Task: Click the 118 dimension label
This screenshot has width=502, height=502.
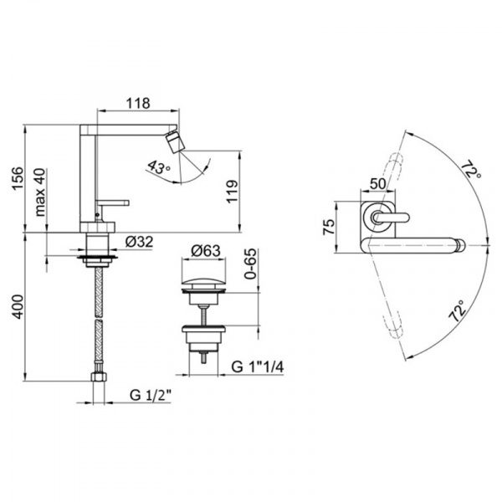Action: (x=138, y=104)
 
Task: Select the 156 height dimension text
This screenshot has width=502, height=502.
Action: (x=18, y=177)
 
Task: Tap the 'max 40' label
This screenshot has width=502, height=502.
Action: (x=40, y=192)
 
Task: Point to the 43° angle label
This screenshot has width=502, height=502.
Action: (x=158, y=168)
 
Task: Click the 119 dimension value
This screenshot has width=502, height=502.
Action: (x=232, y=191)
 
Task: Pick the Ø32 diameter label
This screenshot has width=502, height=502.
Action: (x=139, y=242)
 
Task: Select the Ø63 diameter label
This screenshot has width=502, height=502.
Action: (x=206, y=251)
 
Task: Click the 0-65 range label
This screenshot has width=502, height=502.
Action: (x=250, y=264)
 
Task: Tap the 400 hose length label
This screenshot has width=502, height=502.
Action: (x=18, y=306)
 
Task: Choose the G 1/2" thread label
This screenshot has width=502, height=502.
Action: (x=151, y=395)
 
